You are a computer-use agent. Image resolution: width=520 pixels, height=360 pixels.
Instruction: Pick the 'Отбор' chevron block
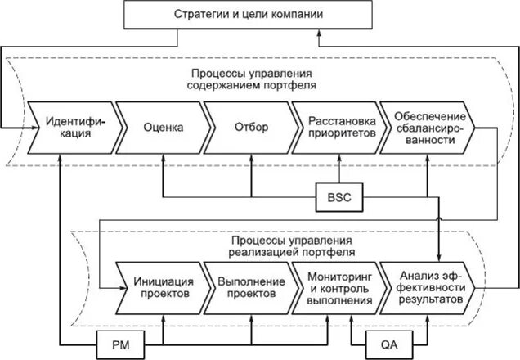tap(250, 128)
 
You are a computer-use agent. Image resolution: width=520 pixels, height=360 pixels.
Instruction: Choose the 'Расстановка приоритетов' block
tap(339, 128)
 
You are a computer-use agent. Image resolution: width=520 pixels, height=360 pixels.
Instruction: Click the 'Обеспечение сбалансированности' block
tap(428, 128)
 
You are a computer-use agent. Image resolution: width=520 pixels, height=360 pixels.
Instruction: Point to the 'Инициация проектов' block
tap(161, 286)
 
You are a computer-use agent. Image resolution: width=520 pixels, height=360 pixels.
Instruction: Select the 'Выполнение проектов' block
tap(249, 286)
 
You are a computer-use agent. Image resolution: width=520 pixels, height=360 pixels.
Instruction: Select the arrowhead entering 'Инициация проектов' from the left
tap(114, 286)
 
